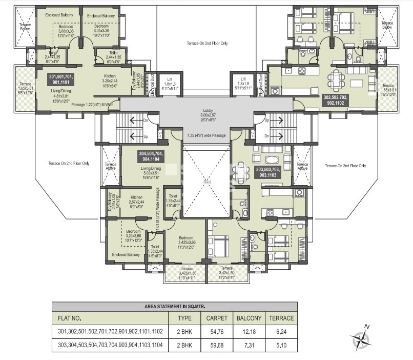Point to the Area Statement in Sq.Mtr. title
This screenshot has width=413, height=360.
tap(175, 306)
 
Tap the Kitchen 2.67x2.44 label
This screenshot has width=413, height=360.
tap(136, 201)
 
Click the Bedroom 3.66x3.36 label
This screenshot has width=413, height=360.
tap(59, 32)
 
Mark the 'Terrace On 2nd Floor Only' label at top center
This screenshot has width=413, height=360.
tap(207, 44)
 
